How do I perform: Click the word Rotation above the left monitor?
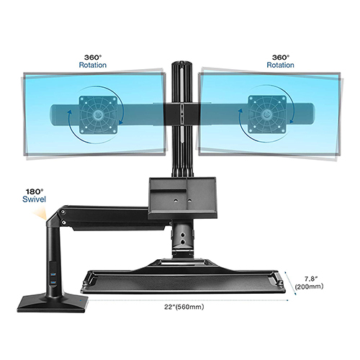[93, 65]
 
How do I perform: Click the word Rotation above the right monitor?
[280, 65]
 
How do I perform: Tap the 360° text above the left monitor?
[93, 58]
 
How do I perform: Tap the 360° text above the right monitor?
[281, 58]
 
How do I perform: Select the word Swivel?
[34, 199]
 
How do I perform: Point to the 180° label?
[35, 192]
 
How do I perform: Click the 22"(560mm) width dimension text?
[184, 307]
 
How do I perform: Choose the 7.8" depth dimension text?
[311, 279]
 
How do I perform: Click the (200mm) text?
[309, 287]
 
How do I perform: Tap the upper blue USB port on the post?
[53, 274]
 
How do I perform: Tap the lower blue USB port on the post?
[53, 284]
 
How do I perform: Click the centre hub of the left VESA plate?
[97, 114]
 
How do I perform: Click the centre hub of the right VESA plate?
[266, 114]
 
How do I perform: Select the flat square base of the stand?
[53, 304]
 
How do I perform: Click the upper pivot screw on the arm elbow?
[63, 212]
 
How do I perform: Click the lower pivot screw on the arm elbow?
[64, 222]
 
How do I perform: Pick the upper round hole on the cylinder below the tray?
[183, 235]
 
